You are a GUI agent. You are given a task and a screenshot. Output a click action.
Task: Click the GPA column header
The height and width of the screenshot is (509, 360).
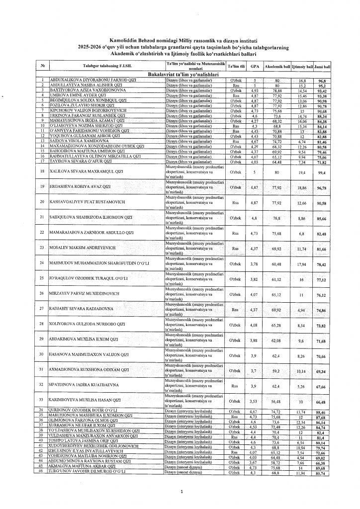click(254, 66)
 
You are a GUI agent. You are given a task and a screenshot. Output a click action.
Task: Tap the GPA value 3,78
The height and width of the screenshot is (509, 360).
click(254, 263)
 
